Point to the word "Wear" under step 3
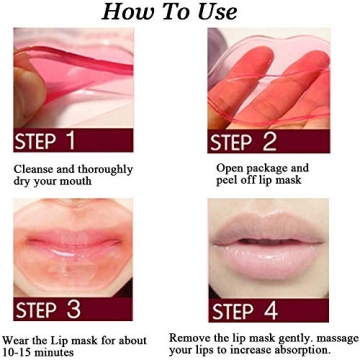pos(19,333)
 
